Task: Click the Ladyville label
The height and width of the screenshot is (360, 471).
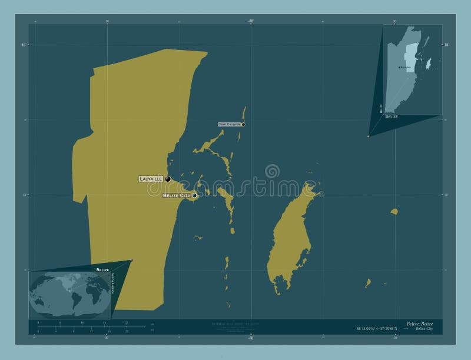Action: point(151,179)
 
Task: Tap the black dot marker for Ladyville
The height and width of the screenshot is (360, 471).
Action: point(168,179)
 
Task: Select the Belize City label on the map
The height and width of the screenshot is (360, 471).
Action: point(177,195)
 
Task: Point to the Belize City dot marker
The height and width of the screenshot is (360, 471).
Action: point(194,195)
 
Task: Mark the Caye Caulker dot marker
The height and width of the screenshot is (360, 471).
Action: point(243,124)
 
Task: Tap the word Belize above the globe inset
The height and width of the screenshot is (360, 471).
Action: point(103,269)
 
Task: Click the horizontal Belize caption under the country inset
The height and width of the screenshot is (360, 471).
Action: point(392,117)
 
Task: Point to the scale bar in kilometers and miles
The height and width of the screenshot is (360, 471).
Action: point(88,327)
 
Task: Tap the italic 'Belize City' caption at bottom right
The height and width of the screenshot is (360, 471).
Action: point(423,329)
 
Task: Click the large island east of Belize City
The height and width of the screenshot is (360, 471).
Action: point(291,235)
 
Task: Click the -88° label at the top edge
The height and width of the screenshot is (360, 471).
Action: point(251,21)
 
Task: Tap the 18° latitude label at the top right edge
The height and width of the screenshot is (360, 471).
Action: point(446,45)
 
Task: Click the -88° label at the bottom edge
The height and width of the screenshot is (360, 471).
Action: point(251,338)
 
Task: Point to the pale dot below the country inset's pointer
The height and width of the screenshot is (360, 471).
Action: point(369,136)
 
